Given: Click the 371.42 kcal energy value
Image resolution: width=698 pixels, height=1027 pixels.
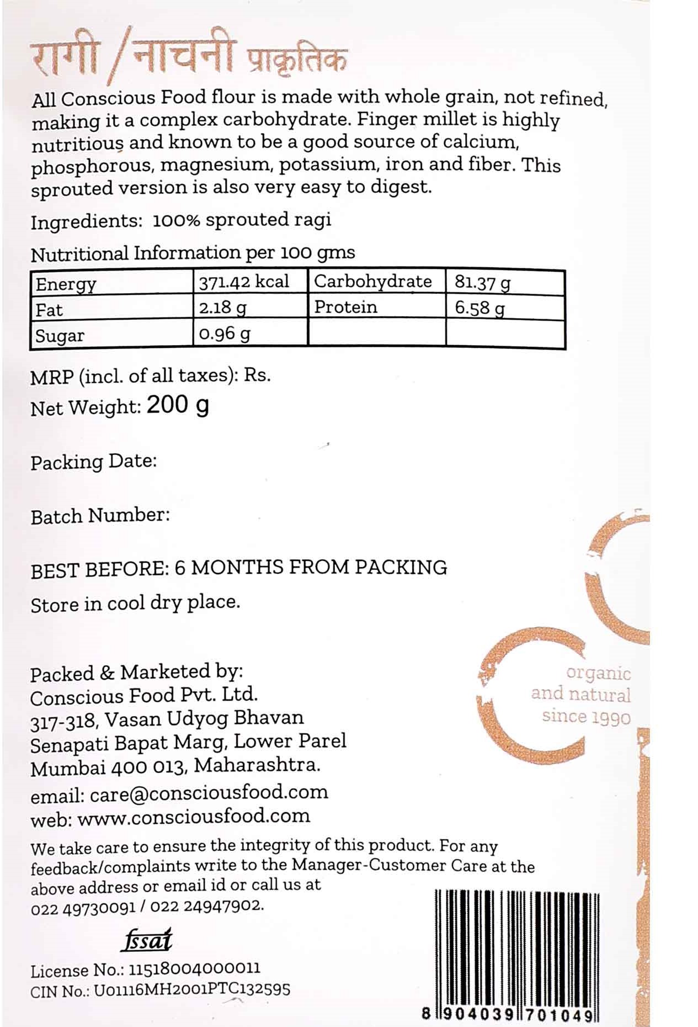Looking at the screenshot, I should [243, 282].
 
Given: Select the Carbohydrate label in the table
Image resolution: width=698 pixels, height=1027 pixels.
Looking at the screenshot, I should [372, 281].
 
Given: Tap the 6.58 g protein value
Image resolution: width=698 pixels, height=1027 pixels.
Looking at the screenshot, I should [479, 308].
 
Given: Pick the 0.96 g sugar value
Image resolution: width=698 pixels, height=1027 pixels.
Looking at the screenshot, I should [225, 334].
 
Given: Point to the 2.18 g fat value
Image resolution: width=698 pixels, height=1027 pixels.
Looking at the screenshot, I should [222, 308].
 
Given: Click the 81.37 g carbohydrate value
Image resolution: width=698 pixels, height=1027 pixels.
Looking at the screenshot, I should [482, 283].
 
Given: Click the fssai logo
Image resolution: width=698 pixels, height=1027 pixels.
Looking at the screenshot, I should [147, 940].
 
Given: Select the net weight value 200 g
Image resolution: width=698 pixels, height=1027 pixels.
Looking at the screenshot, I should [178, 406].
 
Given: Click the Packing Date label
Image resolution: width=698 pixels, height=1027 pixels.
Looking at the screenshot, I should [94, 462].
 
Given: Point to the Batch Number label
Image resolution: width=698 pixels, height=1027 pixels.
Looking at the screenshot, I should [100, 516].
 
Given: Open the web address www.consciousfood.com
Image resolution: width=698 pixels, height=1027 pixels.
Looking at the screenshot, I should [194, 817].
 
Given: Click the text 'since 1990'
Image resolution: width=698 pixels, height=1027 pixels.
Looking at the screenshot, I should [586, 717].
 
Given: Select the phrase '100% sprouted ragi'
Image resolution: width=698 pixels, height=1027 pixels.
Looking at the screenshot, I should [242, 220].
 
